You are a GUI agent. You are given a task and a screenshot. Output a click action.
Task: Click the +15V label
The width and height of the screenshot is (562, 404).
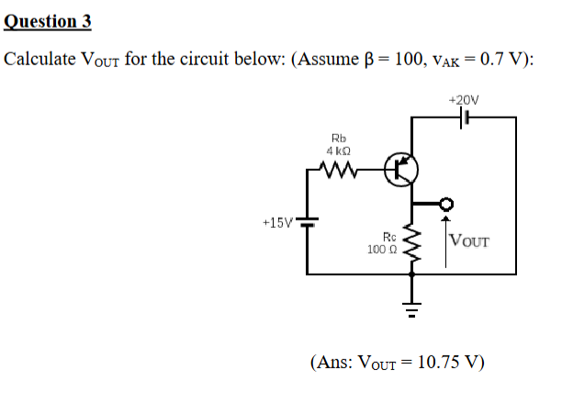tap(276, 223)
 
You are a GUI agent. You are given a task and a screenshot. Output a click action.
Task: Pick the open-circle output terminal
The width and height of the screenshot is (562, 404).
tap(446, 204)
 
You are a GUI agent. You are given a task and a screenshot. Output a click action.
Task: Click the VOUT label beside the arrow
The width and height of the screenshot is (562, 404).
tap(471, 242)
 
